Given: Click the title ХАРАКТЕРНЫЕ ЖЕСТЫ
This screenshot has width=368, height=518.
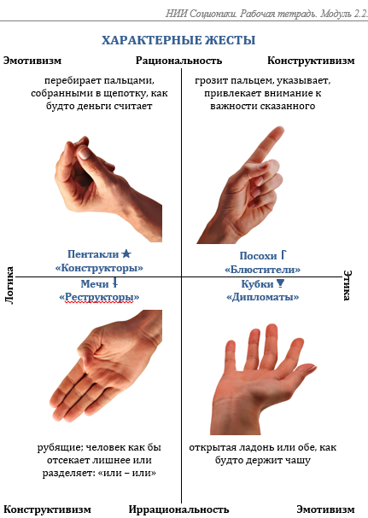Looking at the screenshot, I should pos(178,40).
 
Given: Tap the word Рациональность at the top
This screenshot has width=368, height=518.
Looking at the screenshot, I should pos(178,61).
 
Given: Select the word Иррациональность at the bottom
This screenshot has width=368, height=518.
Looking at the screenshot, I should pos(179,509).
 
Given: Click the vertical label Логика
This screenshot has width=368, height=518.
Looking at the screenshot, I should pos(9,279).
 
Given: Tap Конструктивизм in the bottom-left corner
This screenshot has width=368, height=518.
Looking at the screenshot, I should pos(47,509).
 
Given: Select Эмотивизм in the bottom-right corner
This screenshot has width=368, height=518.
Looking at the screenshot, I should pos(325,509).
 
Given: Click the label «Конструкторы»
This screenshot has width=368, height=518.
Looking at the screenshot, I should pos(99,267).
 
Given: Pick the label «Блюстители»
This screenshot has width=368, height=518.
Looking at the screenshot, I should pos(262,269).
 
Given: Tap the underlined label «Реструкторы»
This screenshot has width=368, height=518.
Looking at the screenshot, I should pos(99,297).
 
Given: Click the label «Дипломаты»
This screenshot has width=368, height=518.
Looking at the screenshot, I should pos(262,297).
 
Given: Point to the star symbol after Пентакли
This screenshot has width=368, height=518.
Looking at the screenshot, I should pos(126,254).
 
